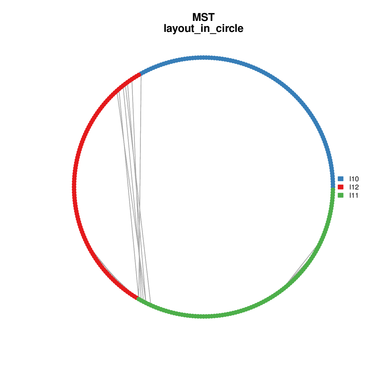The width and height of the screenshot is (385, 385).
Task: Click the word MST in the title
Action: pyautogui.click(x=204, y=17)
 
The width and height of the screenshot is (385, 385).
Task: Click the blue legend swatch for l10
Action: pyautogui.click(x=340, y=179)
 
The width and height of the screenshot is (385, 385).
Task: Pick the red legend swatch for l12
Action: pyautogui.click(x=340, y=187)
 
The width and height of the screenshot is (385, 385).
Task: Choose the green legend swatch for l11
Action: pyautogui.click(x=340, y=195)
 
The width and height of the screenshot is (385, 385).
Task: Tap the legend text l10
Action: pyautogui.click(x=354, y=179)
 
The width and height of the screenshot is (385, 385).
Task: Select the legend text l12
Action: pyautogui.click(x=354, y=187)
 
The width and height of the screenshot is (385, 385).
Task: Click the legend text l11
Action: pyautogui.click(x=354, y=196)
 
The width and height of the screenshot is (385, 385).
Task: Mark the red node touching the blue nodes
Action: pyautogui.click(x=138, y=75)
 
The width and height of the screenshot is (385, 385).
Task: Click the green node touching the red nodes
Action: pyautogui.click(x=138, y=298)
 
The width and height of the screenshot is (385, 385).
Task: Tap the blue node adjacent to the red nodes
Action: pyautogui.click(x=141, y=74)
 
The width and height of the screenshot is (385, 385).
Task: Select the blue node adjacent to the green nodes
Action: pyautogui.click(x=333, y=186)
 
